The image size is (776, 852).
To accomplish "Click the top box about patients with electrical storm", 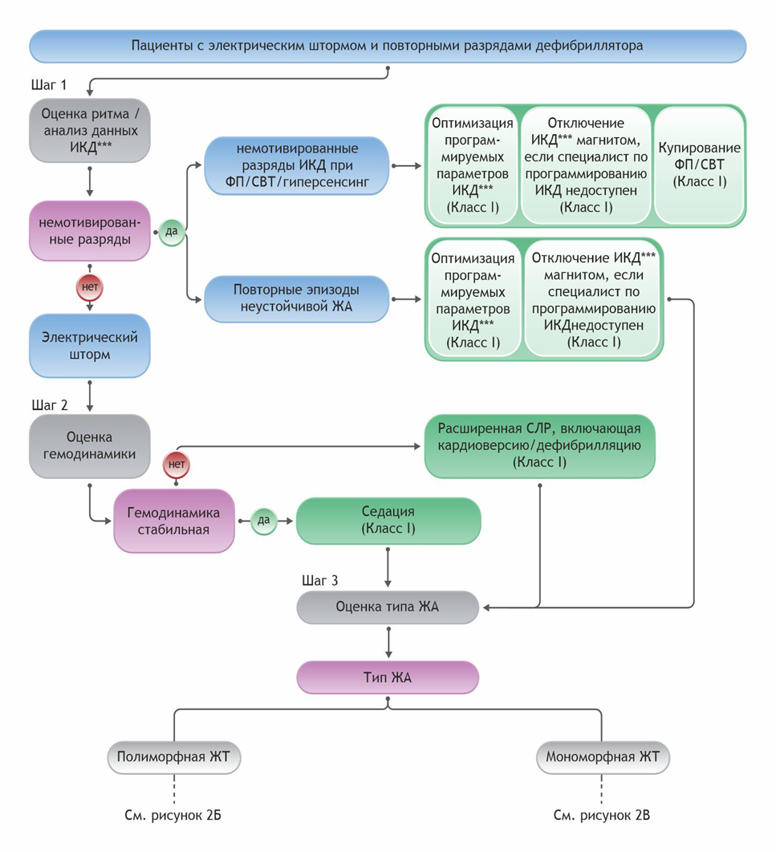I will point(388,46).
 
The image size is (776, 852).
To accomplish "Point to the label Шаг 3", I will point(316,579).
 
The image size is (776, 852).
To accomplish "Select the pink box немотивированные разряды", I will point(89,230).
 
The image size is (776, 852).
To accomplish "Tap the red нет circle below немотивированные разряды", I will point(89,285).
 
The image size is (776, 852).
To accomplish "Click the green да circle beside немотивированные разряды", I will point(172,230).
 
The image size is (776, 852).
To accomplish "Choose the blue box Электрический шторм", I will point(89,345).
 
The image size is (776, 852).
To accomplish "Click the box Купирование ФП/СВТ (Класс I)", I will point(699,165).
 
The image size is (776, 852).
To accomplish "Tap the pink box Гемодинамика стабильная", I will point(174,521).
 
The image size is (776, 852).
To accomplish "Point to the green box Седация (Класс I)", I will point(388,520).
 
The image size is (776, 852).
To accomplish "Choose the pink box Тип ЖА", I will point(388,678).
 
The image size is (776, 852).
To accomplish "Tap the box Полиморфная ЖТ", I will point(173,757).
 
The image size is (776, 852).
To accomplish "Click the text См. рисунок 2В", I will point(602,816).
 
